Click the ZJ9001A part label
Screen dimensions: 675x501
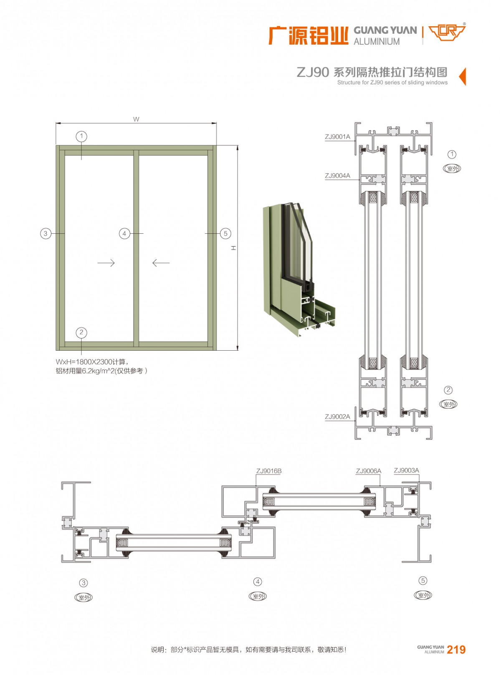pos(337,137)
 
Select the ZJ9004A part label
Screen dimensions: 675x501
pos(337,176)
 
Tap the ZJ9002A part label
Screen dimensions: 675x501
pos(337,417)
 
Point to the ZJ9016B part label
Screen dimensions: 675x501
pos(269,471)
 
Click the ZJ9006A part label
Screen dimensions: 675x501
pos(368,471)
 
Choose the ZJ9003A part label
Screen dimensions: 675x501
pos(406,470)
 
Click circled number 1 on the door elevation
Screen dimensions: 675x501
pos(81,136)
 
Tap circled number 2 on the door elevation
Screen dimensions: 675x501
pos(81,333)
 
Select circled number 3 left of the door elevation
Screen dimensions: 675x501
pos(46,233)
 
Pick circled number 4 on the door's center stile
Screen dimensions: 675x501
pos(124,233)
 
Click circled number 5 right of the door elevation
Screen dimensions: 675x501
pos(225,233)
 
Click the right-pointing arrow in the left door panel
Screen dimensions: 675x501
pos(106,263)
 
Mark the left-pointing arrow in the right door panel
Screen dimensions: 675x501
pos(161,263)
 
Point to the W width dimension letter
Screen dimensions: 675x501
pos(136,119)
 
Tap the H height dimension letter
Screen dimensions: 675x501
pos(234,248)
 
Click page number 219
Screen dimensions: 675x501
pos(456,650)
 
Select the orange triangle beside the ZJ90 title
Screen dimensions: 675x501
pos(463,76)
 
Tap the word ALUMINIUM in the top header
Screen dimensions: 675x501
pos(377,42)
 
